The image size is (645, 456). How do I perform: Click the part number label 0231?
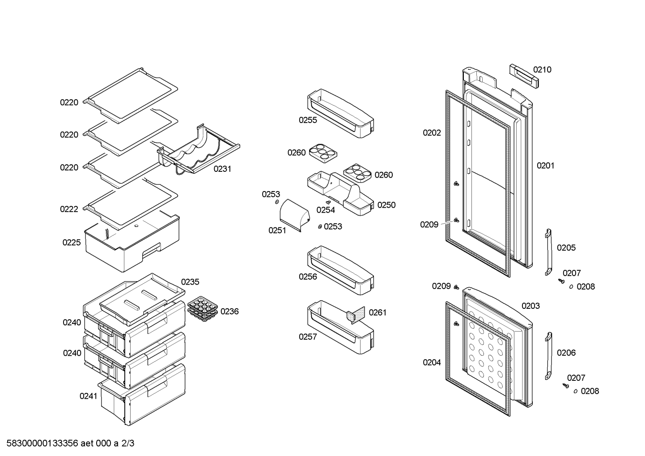point(222,169)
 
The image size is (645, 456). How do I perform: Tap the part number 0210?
point(542,70)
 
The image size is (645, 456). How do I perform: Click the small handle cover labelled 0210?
point(524,76)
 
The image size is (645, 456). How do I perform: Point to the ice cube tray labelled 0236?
point(203,309)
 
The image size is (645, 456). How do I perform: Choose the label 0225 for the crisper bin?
point(72,243)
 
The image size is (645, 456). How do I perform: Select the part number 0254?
point(326,210)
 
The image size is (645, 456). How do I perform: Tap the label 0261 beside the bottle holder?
point(378,312)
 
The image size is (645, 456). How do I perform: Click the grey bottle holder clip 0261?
point(356,315)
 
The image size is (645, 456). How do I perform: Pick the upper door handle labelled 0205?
point(548,252)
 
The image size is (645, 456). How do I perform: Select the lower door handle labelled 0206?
point(548,356)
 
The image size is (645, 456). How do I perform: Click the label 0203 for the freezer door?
point(530,306)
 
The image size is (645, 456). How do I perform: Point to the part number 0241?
point(89,396)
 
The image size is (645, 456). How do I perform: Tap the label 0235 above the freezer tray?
point(190,282)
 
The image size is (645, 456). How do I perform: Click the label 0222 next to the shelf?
point(69,209)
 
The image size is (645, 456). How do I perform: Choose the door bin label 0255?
point(308,120)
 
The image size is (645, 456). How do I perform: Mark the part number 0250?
point(386,205)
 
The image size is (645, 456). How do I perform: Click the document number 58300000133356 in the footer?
point(42,443)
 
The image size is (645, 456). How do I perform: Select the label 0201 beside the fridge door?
point(546,166)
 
